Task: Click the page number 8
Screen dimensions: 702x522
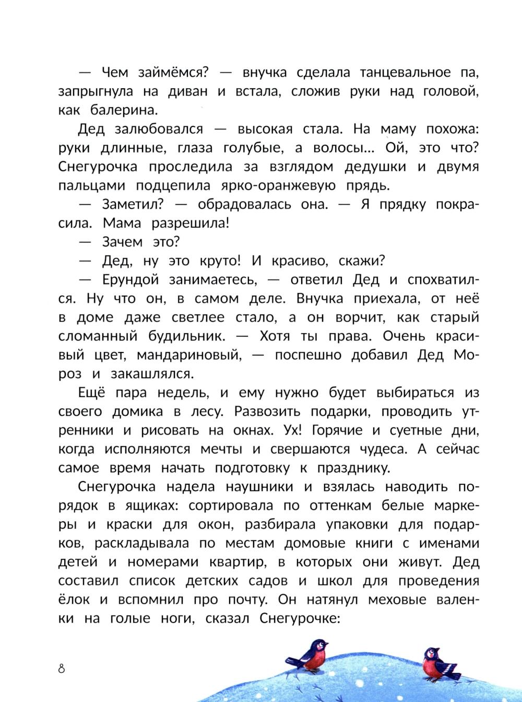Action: (62, 668)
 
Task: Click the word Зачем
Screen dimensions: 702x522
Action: (122, 242)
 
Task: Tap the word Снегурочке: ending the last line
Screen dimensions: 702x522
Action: (299, 619)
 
